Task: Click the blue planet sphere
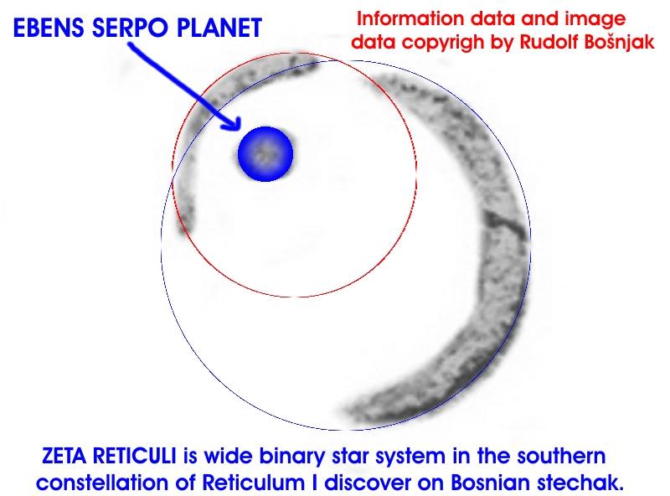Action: (x=265, y=153)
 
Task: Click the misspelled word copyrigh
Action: (x=441, y=41)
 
